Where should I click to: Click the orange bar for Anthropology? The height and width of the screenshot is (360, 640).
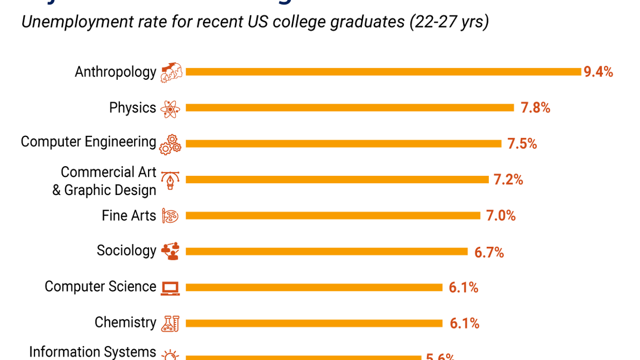(x=383, y=72)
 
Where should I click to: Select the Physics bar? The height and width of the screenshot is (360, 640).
(x=350, y=107)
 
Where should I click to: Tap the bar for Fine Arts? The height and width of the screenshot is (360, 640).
(x=333, y=215)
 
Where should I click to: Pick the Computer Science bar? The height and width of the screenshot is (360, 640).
(x=314, y=287)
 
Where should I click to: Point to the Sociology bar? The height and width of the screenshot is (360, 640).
(x=326, y=251)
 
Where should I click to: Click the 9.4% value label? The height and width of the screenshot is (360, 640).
(x=598, y=72)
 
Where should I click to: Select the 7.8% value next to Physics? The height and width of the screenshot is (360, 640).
(x=535, y=108)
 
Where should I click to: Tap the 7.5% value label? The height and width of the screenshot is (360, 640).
(x=522, y=144)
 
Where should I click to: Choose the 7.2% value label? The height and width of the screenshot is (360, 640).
(x=508, y=180)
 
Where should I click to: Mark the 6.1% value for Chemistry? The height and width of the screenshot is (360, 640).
(x=464, y=323)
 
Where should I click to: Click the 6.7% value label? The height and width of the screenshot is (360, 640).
(x=489, y=253)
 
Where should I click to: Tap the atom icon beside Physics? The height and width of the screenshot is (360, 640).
(x=170, y=109)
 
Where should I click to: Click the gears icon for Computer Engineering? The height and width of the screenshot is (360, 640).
(x=170, y=145)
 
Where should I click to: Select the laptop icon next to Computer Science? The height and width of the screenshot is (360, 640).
(x=170, y=288)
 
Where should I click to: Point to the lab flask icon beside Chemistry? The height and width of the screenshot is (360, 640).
(x=170, y=323)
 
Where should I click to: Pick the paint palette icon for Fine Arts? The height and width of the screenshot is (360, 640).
(x=170, y=216)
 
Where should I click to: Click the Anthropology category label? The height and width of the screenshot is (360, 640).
(x=115, y=72)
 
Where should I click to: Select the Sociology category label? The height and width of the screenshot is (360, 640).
(x=126, y=251)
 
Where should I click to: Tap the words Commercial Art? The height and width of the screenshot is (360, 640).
(x=108, y=172)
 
